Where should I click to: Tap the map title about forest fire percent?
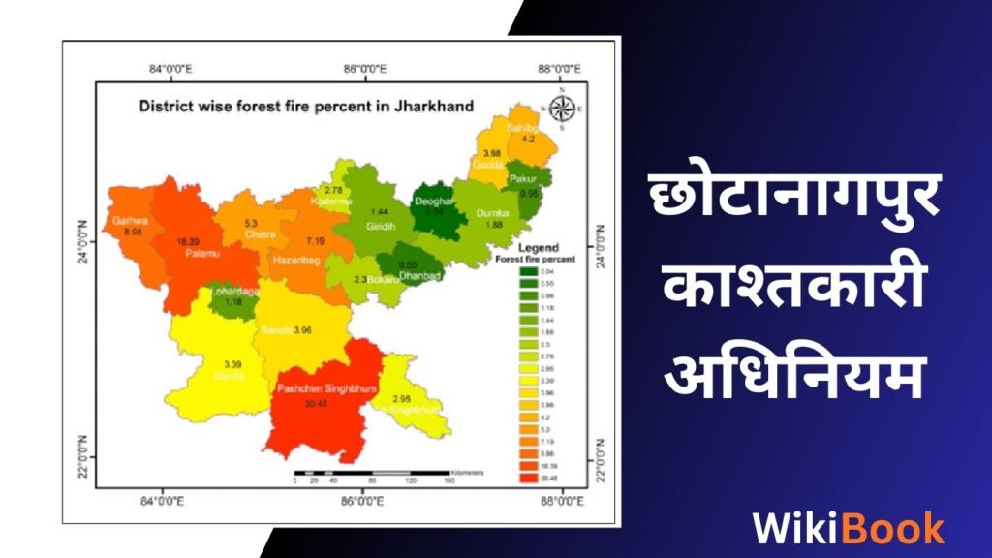[x=306, y=106]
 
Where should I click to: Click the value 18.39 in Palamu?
[x=188, y=240]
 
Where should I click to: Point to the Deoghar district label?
[x=432, y=201]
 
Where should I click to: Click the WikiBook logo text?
[x=849, y=528]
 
